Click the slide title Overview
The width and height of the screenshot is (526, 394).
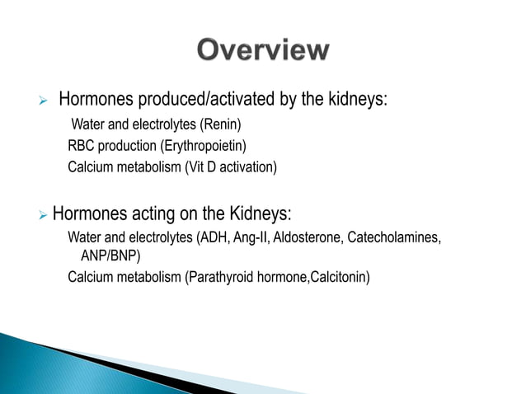tap(262, 51)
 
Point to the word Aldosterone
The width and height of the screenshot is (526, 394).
tap(310, 238)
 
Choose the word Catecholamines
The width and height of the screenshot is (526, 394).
tap(394, 238)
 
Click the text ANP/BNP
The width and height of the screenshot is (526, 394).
tap(110, 256)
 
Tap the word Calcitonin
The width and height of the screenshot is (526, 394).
tap(338, 277)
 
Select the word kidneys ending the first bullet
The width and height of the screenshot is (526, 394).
tap(358, 101)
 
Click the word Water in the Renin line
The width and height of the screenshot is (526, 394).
tap(88, 125)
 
